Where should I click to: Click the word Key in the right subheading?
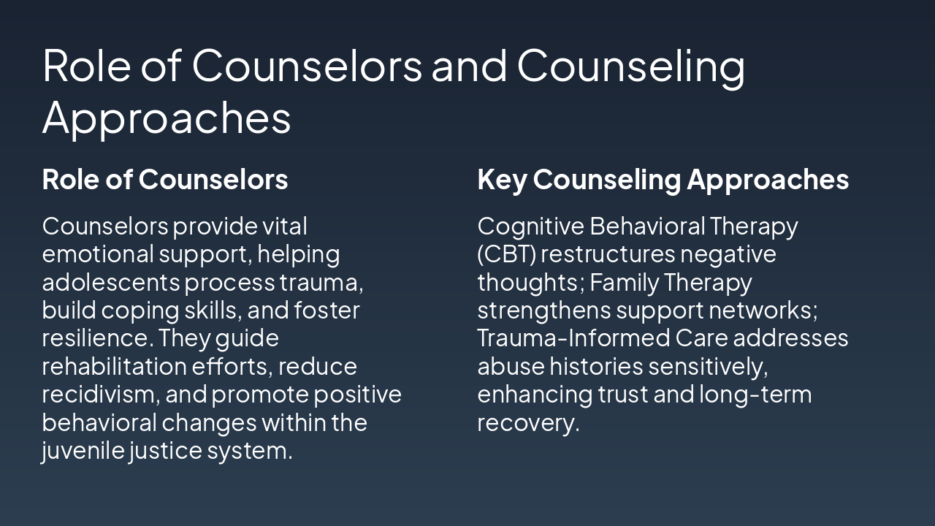(x=502, y=180)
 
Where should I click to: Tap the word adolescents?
(x=110, y=282)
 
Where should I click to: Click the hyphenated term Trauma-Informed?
(x=573, y=338)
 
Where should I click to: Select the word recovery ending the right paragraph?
(x=528, y=423)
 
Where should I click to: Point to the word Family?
(x=624, y=282)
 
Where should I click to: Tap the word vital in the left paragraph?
(x=285, y=226)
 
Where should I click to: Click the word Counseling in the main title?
(x=631, y=64)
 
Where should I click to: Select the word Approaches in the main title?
(x=167, y=117)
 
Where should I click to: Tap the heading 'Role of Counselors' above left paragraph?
(x=165, y=180)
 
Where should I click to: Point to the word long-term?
(x=755, y=394)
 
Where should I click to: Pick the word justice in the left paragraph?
(x=166, y=451)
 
